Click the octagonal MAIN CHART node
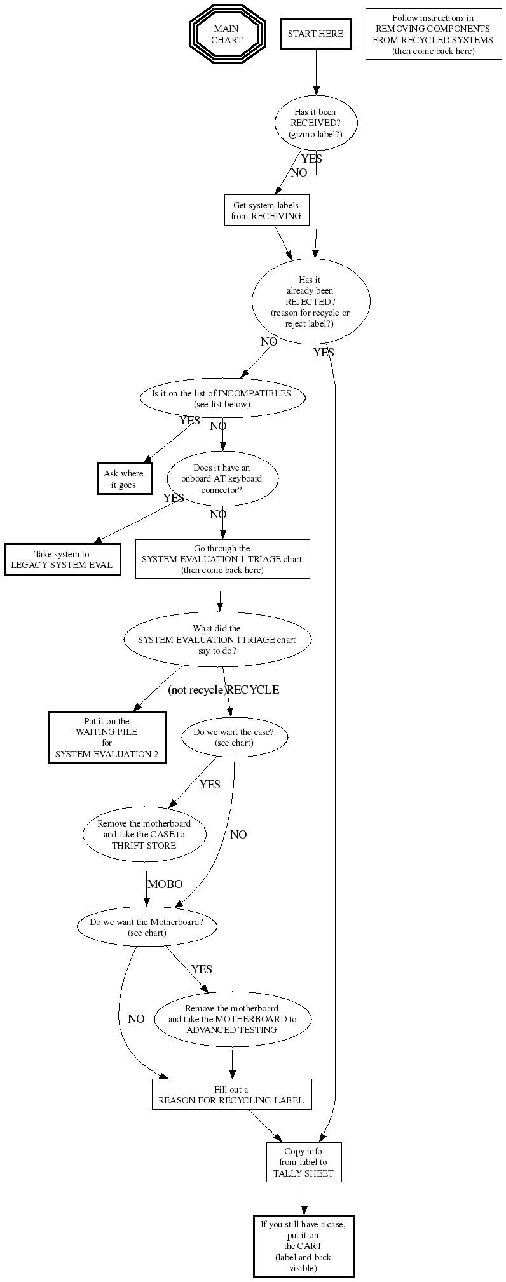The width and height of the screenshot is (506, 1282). pos(226,34)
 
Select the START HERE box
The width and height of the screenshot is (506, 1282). pos(315,34)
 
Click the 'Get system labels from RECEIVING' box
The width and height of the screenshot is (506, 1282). pos(266,210)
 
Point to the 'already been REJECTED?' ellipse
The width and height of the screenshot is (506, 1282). pos(310,302)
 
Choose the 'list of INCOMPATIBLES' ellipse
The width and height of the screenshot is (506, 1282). pos(222,398)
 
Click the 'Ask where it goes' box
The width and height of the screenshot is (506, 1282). pos(124,479)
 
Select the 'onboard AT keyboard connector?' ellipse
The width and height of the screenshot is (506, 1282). pos(222,479)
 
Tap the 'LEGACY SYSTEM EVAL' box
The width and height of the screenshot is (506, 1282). pos(62,560)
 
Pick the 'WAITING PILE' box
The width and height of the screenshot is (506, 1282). pos(107,737)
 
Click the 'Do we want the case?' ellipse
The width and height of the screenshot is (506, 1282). pos(234,737)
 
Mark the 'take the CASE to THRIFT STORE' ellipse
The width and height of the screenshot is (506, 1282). pos(144,834)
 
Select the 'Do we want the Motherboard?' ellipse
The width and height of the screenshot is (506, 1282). pos(147,927)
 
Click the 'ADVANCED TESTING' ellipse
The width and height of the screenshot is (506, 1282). pos(232,1019)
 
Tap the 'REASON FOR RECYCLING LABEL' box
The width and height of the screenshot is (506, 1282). pos(231,1095)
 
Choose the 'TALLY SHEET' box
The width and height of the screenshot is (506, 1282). pos(303,1162)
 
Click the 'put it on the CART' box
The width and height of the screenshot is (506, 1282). pos(303,1246)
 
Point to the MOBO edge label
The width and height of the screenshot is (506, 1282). pos(165,884)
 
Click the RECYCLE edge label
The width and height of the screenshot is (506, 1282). pos(253,690)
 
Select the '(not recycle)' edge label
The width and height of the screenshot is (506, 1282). pos(196,690)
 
